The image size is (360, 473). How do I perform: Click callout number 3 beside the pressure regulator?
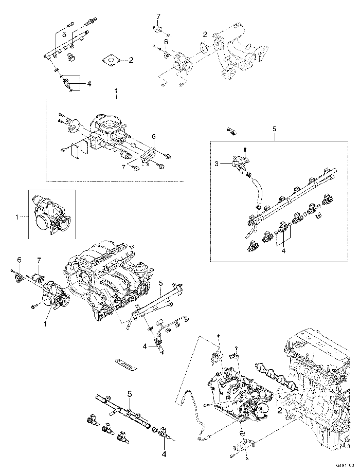coord(217,164)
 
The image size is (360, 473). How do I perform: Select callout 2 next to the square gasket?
coord(131,60)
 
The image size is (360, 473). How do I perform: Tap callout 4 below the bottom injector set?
coord(164,454)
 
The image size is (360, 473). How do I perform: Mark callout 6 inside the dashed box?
coord(153,136)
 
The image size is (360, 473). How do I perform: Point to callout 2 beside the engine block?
coord(279,411)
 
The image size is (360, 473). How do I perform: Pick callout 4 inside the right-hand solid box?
coord(282,251)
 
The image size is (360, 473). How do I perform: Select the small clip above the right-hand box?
coord(231,131)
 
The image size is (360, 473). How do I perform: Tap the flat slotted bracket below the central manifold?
coord(126,364)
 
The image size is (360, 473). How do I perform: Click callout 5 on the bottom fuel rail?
coord(130,394)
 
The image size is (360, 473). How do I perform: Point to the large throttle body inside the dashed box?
coord(111,131)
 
